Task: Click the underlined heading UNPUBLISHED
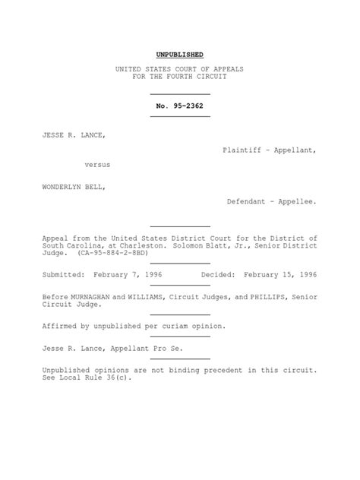click(179, 55)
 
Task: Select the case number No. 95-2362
click(179, 106)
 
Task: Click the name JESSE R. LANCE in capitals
click(74, 135)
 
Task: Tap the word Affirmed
click(61, 327)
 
